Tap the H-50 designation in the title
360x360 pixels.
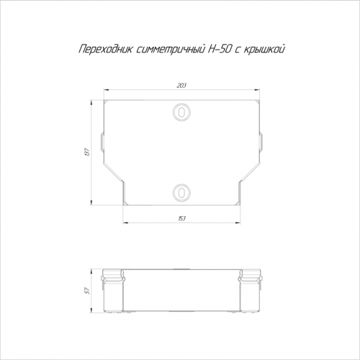[218, 49]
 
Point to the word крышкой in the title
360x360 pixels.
[264, 50]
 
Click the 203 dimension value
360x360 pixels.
[181, 86]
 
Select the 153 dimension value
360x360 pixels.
[181, 219]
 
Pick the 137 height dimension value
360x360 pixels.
[87, 153]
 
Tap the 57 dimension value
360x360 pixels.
[87, 291]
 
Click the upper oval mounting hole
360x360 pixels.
[181, 112]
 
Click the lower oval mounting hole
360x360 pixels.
[181, 193]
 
